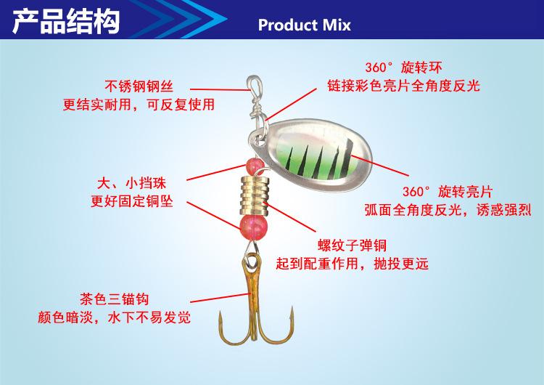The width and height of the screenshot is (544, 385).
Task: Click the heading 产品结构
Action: tap(66, 22)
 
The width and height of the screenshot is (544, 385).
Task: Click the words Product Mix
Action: tap(304, 25)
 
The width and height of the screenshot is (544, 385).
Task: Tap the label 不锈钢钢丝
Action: tap(139, 86)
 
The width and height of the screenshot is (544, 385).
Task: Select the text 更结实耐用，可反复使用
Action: tap(139, 105)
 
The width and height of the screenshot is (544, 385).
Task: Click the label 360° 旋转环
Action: tap(403, 68)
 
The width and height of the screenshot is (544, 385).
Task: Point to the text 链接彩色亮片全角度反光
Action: tap(403, 86)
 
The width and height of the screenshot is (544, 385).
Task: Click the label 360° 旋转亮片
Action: tap(448, 192)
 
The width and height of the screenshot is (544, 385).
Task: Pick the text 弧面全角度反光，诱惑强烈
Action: tap(448, 209)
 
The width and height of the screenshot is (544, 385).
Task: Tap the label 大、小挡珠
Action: tap(131, 183)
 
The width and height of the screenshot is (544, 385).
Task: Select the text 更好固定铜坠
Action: tap(131, 201)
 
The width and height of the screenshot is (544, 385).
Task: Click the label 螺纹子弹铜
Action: tap(352, 246)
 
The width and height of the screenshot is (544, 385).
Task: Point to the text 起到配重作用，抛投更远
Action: tap(352, 264)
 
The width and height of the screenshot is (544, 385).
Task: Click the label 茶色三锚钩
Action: tap(114, 299)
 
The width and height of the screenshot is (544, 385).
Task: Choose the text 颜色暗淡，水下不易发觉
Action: tap(114, 317)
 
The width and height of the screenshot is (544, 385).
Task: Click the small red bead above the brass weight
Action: tap(255, 166)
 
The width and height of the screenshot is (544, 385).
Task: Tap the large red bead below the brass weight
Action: tap(254, 227)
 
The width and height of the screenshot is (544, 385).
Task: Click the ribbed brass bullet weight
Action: tap(255, 195)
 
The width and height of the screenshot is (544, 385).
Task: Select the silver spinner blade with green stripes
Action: tap(310, 154)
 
